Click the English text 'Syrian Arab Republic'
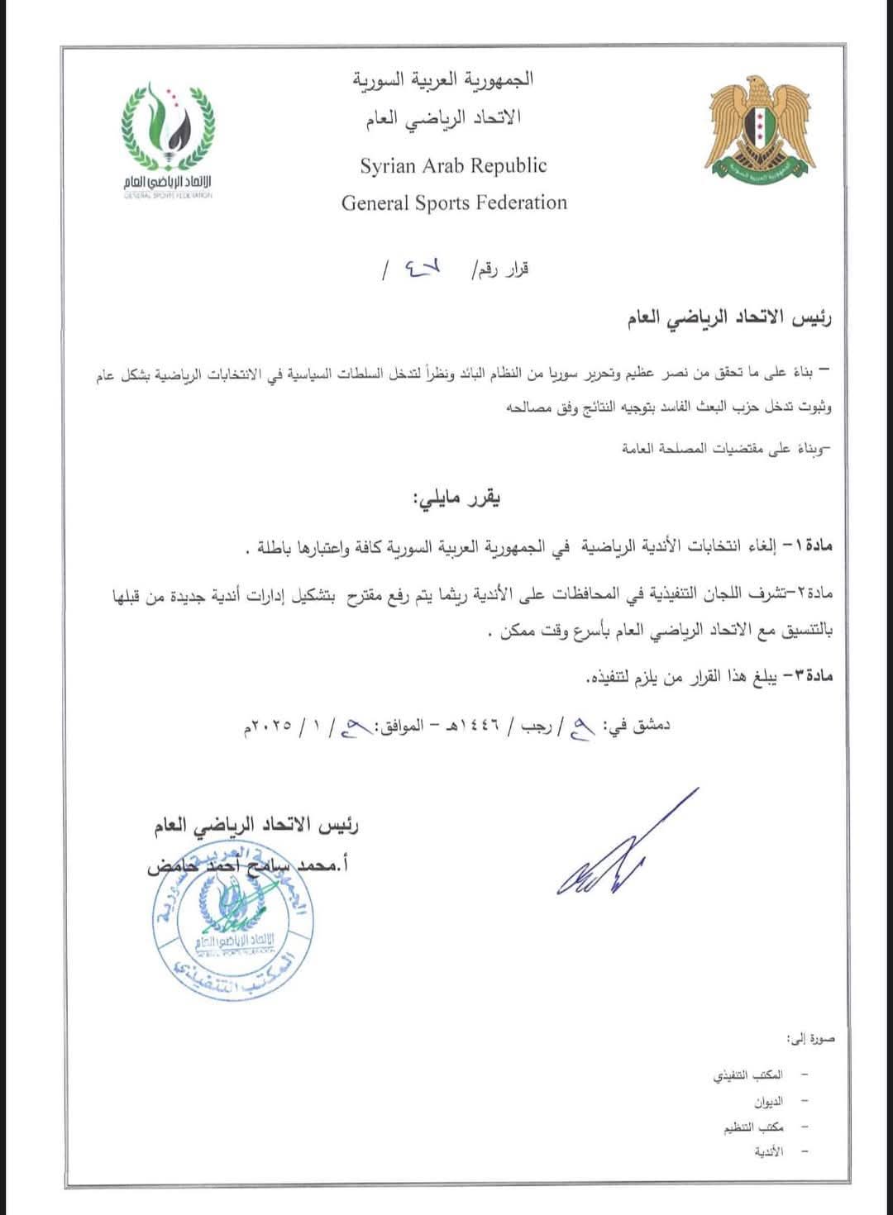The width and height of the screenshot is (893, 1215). [x=453, y=165]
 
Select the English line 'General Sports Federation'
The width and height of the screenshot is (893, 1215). [x=454, y=203]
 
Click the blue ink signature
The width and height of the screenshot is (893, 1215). [x=622, y=847]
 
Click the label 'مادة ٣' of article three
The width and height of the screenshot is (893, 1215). [x=809, y=676]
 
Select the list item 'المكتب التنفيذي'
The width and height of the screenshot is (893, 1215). [x=747, y=1076]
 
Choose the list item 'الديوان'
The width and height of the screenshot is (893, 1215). [x=767, y=1102]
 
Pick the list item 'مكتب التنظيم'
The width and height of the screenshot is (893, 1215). [x=752, y=1127]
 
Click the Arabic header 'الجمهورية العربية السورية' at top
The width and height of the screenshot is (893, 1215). [x=443, y=80]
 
